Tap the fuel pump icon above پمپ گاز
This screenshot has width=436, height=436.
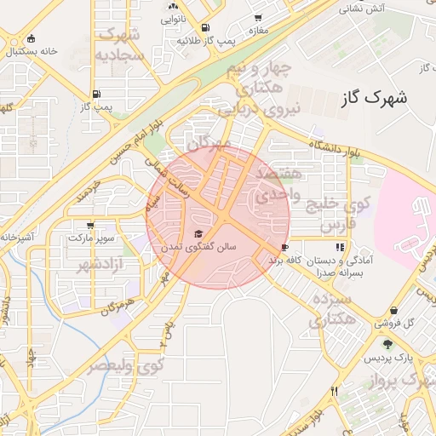[95, 95]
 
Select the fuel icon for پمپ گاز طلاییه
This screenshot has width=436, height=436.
[207, 27]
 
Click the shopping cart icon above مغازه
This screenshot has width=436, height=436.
[259, 17]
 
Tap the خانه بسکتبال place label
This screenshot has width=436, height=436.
[32, 51]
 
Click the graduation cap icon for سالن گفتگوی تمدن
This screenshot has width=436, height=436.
[198, 234]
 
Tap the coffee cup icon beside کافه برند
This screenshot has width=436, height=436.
[284, 248]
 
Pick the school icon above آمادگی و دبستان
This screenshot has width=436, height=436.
[341, 247]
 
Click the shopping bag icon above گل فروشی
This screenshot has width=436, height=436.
[393, 311]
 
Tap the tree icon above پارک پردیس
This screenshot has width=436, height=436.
[388, 345]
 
